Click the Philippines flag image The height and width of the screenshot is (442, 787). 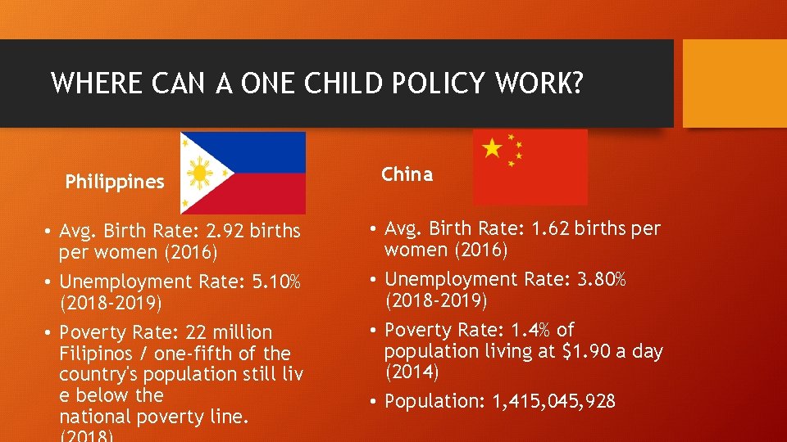[x=243, y=173]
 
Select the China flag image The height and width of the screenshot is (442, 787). [x=530, y=167]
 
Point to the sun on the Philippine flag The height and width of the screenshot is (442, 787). [x=200, y=173]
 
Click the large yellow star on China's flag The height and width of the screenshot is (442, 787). [x=492, y=148]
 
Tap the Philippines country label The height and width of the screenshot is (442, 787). [x=115, y=182]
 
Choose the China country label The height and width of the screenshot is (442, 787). [x=407, y=174]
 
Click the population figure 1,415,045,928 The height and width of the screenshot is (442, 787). [x=553, y=401]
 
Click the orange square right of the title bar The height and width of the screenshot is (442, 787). [x=735, y=83]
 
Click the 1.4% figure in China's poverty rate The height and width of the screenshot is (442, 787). [x=529, y=330]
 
